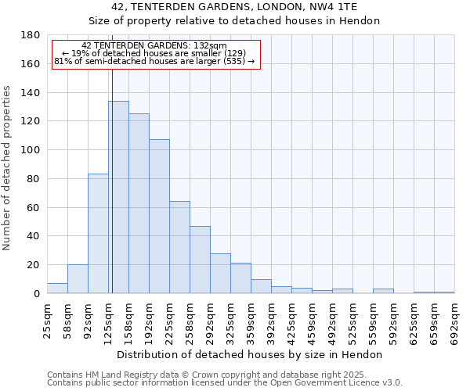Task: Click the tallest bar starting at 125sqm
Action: (x=118, y=197)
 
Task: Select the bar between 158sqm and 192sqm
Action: (x=139, y=203)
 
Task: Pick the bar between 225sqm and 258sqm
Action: (x=179, y=247)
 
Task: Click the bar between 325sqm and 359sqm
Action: (x=240, y=278)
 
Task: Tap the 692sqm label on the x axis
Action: (x=454, y=322)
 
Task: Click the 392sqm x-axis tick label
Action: (x=271, y=322)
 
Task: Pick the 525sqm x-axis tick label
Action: (x=352, y=322)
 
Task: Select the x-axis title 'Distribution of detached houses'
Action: (x=250, y=354)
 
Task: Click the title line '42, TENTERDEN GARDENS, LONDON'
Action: (x=234, y=7)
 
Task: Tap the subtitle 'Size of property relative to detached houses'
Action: (x=234, y=21)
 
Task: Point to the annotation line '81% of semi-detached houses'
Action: (x=154, y=61)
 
